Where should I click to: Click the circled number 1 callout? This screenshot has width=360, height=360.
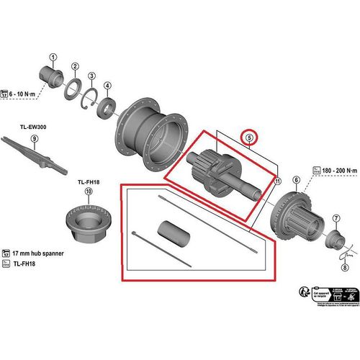pyautogui.click(x=53, y=57)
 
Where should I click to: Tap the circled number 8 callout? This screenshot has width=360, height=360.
pyautogui.click(x=344, y=266)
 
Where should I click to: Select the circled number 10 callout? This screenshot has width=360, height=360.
pyautogui.click(x=88, y=192)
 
